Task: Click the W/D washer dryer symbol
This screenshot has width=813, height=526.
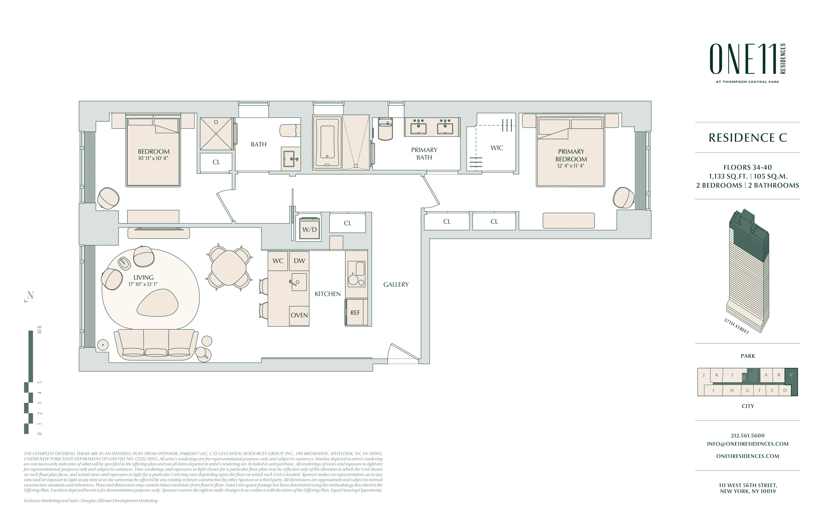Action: [309, 229]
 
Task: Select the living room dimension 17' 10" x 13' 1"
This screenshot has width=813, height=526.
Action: [143, 284]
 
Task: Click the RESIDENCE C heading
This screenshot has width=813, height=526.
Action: [747, 138]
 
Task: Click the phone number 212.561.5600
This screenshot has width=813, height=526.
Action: [747, 435]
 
